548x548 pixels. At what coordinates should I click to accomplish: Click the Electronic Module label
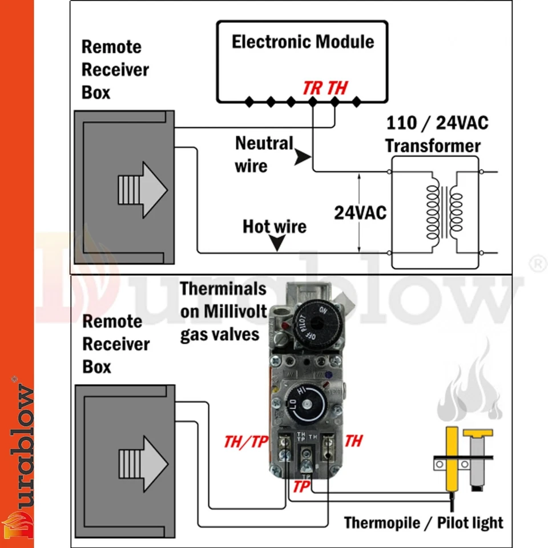pos(303,42)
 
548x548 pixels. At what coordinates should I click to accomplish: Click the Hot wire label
pos(275,227)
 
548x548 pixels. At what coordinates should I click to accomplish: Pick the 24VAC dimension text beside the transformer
pos(360,213)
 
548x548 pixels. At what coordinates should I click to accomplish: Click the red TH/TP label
pos(246,441)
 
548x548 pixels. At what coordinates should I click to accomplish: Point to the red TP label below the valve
pos(302,486)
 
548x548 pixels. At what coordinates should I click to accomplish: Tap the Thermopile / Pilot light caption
pos(424,522)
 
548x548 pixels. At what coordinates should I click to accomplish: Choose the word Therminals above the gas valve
pos(223,288)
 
